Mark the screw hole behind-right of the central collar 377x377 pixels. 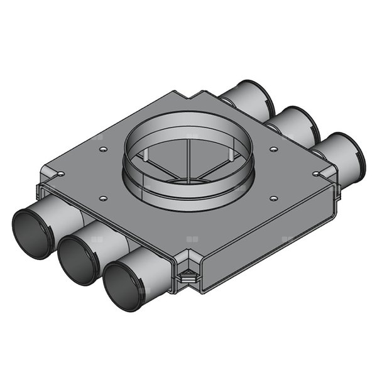click(x=274, y=149)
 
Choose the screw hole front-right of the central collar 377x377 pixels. click(x=273, y=198)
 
